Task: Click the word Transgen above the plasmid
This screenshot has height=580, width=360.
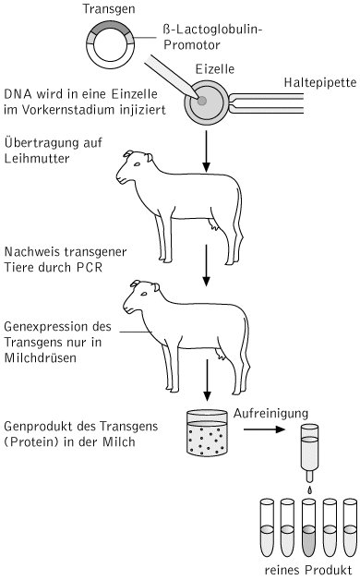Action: (109, 9)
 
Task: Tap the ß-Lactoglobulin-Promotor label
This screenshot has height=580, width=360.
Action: (212, 37)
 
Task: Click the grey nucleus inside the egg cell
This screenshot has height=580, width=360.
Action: (202, 101)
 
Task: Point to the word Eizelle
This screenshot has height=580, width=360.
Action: (215, 69)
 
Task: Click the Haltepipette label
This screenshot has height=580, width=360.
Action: (320, 82)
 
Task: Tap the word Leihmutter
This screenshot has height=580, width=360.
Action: (37, 158)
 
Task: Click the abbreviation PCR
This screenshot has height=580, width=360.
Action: (90, 267)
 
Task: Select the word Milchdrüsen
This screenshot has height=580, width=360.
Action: (41, 357)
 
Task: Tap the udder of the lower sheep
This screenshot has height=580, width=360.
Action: (222, 355)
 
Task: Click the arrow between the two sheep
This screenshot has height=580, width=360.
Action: (206, 265)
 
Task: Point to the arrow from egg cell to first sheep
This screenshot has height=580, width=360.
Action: (206, 151)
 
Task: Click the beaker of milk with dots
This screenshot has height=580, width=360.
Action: (207, 432)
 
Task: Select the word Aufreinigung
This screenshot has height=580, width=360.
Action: (270, 414)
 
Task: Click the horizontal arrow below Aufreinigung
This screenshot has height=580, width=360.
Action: (264, 429)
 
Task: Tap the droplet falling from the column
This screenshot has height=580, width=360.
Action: (310, 489)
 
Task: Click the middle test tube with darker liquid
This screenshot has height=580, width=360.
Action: (308, 528)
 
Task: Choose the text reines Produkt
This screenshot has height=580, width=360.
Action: (308, 570)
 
